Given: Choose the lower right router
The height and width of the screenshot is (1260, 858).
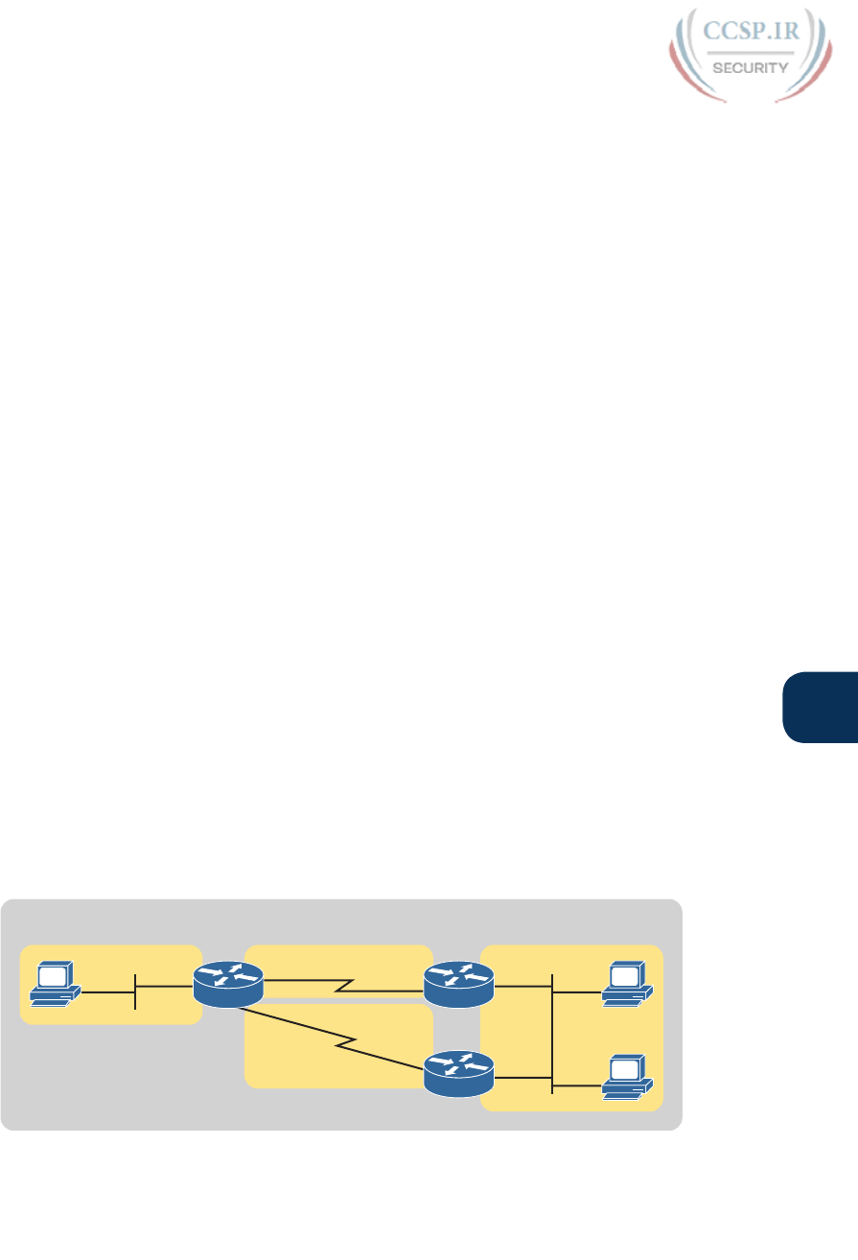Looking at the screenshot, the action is [458, 1072].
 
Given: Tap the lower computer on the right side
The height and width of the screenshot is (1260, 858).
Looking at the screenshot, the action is [627, 1075].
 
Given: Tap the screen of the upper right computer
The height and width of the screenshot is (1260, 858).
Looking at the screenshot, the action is [624, 977].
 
